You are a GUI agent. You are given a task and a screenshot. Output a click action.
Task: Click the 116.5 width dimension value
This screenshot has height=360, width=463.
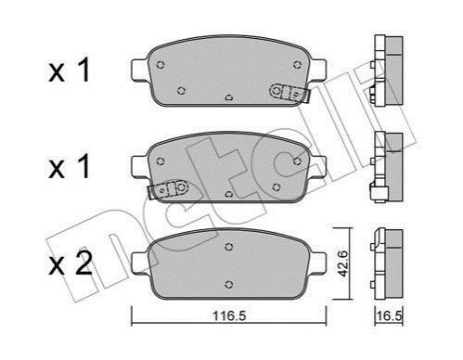click(229, 316)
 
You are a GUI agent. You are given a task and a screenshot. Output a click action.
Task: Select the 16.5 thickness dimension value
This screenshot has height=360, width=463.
click(389, 316)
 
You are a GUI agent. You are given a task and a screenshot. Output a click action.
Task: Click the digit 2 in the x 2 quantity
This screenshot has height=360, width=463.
click(84, 263)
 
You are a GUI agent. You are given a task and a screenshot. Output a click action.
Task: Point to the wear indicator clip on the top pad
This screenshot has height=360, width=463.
click(289, 93)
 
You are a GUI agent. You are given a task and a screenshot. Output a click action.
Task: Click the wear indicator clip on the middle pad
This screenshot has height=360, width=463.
click(169, 189)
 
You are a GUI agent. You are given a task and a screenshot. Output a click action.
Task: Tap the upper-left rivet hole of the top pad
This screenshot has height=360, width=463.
click(161, 65)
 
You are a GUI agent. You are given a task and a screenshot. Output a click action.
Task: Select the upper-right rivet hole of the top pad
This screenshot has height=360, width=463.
click(297, 65)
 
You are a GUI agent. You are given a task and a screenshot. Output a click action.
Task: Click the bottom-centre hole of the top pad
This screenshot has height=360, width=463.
click(228, 98)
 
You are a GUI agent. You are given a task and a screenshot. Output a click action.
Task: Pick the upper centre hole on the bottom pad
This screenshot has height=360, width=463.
click(228, 247)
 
